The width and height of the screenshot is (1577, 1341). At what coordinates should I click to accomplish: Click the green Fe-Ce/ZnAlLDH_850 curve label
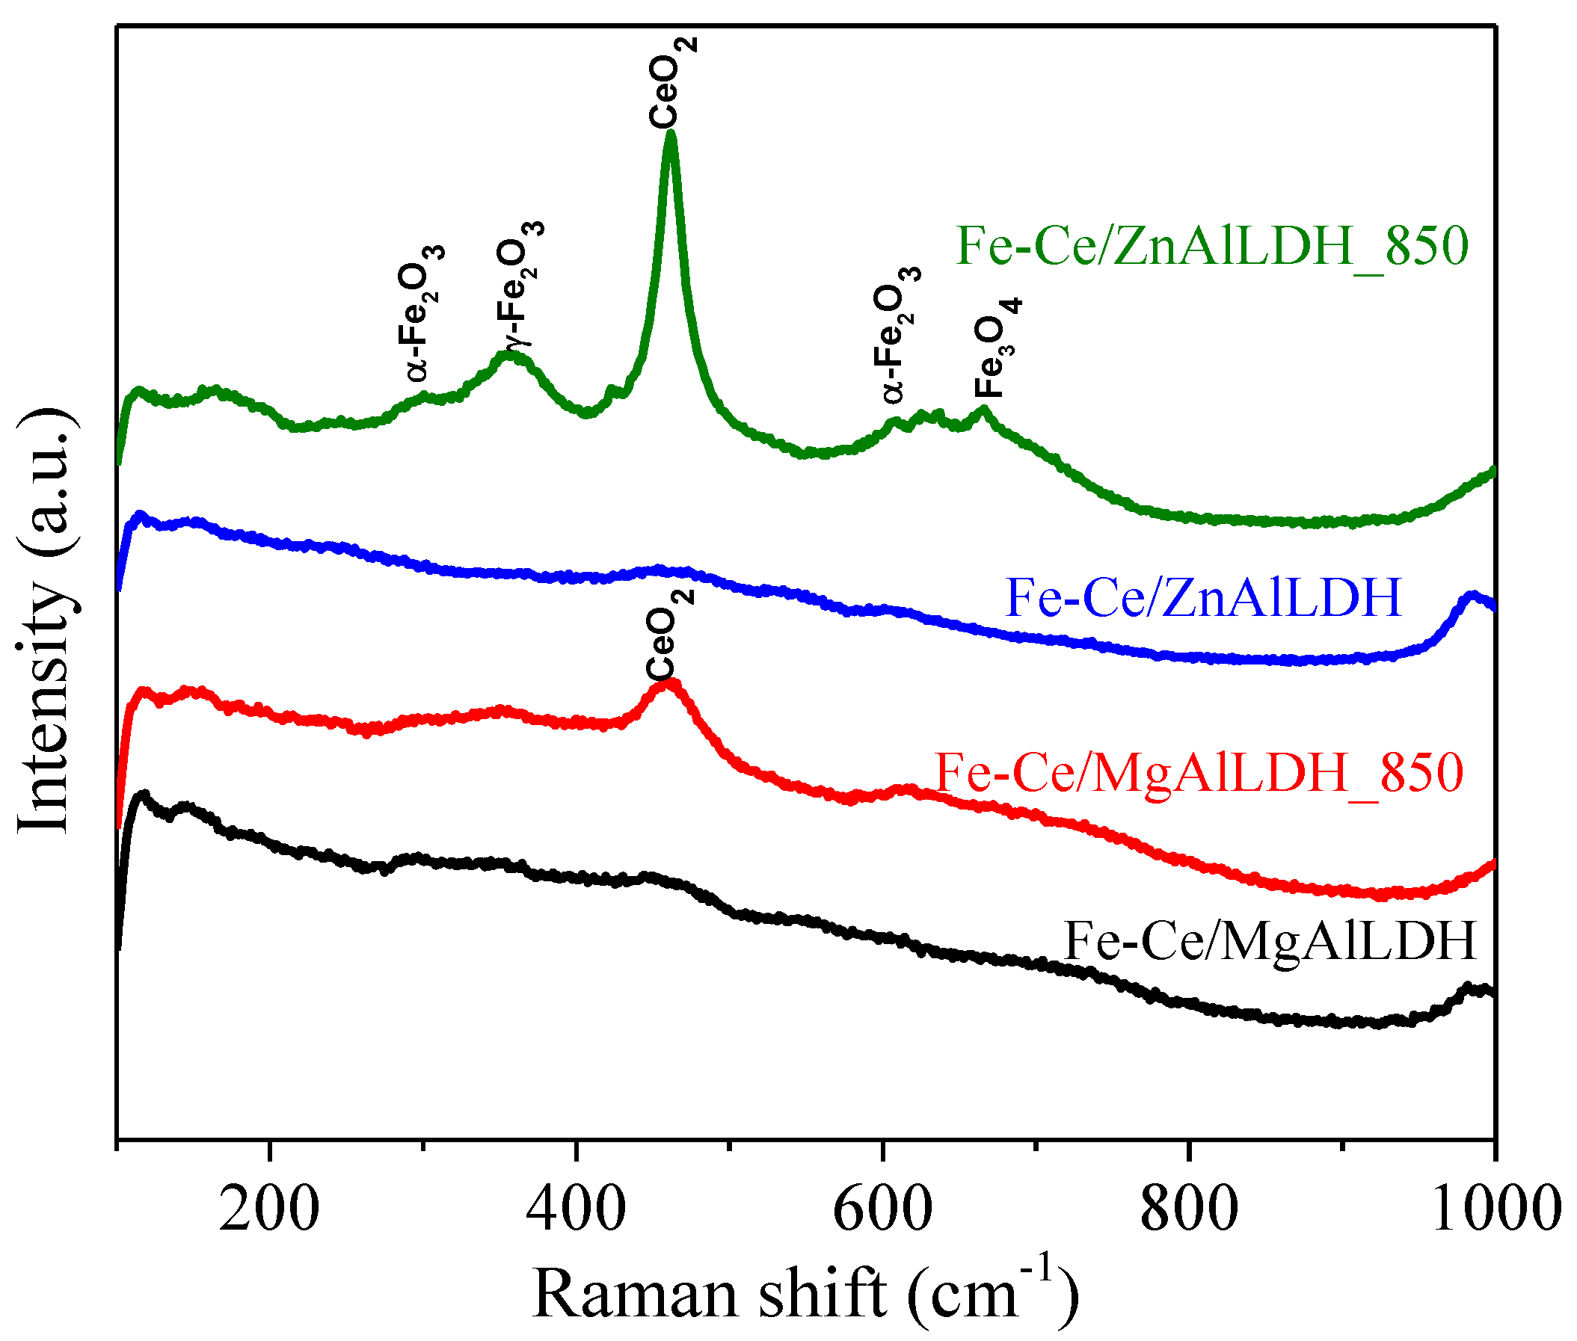[x=1212, y=247]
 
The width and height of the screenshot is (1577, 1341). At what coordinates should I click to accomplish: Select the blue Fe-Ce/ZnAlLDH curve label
[x=1204, y=597]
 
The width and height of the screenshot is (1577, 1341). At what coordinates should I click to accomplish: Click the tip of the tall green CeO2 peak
[x=670, y=135]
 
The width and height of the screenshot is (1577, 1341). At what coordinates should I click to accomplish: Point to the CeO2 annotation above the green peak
[x=672, y=82]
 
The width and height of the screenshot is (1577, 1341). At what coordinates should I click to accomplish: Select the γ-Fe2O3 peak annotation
[x=520, y=283]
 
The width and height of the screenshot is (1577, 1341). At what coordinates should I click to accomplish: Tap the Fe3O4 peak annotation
[x=998, y=348]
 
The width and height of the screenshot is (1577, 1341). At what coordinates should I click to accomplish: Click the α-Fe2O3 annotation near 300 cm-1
[x=419, y=312]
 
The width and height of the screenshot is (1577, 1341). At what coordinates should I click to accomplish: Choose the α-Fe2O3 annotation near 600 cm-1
[x=897, y=334]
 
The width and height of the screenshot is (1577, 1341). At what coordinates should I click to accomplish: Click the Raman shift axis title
[x=805, y=1292]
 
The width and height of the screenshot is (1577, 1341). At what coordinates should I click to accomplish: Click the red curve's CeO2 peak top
[x=668, y=682]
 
